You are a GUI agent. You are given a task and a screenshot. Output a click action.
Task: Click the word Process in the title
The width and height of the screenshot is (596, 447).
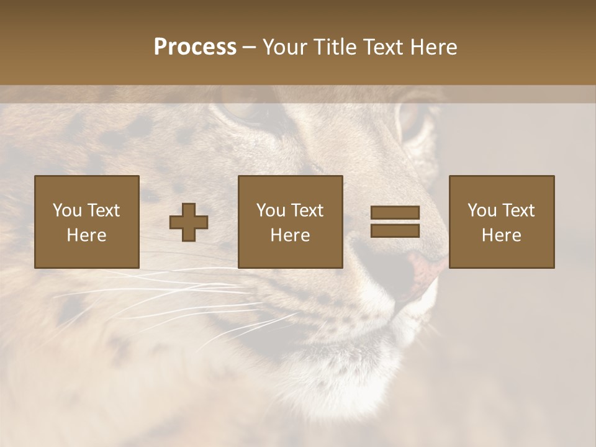click(x=195, y=47)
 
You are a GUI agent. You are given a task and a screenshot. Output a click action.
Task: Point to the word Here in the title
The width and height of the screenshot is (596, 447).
click(x=433, y=47)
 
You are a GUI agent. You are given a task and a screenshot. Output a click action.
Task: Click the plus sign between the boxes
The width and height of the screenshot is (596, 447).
click(x=189, y=222)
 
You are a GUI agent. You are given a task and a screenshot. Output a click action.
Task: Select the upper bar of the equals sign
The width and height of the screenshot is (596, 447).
click(x=395, y=212)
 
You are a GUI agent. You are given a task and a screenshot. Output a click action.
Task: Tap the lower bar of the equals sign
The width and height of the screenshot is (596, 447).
click(x=395, y=230)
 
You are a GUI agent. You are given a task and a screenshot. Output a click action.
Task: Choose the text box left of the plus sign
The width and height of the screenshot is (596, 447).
click(x=87, y=222)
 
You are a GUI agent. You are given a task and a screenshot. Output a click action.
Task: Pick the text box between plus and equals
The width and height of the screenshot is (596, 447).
click(x=291, y=222)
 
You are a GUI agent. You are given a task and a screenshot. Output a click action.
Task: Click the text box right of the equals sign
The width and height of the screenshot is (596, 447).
click(x=502, y=222)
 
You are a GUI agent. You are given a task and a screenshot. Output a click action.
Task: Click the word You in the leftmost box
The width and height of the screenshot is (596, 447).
click(x=66, y=210)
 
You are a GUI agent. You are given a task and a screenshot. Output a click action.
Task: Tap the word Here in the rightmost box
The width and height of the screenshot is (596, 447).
click(x=502, y=235)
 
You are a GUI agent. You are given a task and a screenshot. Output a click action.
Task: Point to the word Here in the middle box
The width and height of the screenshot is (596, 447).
click(x=291, y=235)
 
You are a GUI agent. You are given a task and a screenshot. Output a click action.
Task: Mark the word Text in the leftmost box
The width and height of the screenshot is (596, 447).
click(x=104, y=210)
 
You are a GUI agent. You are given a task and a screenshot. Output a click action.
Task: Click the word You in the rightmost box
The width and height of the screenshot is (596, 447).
click(x=481, y=210)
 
